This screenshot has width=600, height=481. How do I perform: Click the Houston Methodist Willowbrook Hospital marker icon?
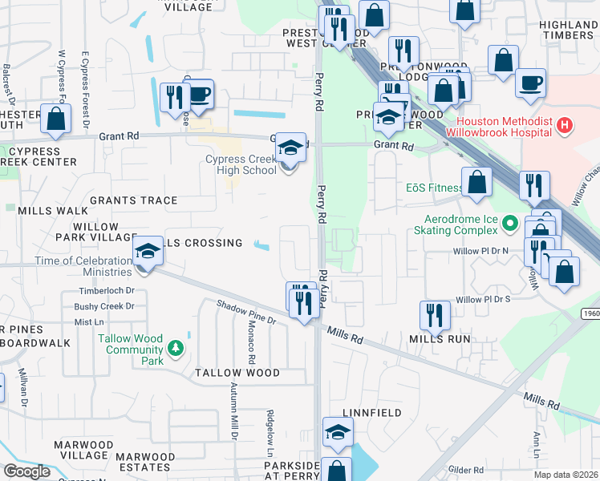click(566, 125)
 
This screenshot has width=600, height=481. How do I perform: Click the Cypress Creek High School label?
click(241, 164)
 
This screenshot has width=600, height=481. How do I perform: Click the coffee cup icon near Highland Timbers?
click(529, 82)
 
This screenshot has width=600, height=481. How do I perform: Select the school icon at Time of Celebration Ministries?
click(148, 253)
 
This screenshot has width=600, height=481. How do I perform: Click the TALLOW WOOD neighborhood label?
click(238, 373)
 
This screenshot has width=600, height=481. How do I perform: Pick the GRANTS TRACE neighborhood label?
click(133, 200)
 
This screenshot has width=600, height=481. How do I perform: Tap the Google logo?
click(26, 471)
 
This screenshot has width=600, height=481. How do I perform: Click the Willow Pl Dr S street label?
click(494, 299)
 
